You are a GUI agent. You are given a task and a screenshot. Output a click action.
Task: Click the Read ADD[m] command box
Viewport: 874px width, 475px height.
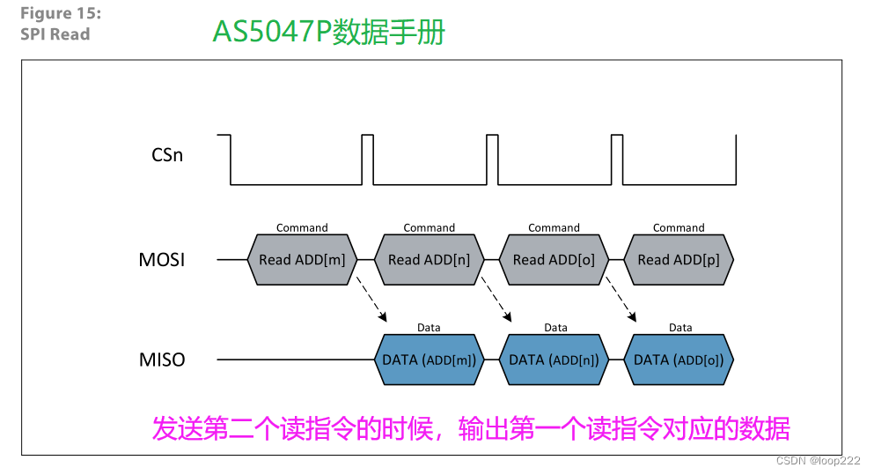click(x=302, y=260)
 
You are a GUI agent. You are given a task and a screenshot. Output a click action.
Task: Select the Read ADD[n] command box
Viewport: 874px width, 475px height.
click(x=429, y=260)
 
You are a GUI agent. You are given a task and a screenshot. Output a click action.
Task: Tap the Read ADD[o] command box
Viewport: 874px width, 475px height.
click(x=554, y=260)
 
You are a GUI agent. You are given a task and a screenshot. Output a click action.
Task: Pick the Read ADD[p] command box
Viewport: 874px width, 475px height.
click(x=679, y=260)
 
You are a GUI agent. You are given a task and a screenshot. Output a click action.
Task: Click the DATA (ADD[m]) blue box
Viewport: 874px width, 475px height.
click(x=429, y=360)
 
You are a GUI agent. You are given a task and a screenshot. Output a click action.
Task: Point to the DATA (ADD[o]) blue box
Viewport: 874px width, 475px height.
click(x=679, y=360)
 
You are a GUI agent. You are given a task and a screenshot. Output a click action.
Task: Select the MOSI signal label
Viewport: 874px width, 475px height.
click(x=162, y=260)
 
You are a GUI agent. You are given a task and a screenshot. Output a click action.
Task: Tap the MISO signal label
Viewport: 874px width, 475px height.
click(x=162, y=360)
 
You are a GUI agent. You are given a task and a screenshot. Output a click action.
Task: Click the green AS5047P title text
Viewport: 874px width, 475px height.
click(x=328, y=32)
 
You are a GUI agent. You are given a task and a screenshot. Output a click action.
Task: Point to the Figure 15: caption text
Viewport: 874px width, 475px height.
click(x=59, y=14)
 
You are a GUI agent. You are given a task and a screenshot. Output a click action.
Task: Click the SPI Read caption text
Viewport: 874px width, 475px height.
click(x=55, y=34)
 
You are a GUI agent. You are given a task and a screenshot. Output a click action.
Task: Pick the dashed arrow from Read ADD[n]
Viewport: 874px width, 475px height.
click(x=496, y=301)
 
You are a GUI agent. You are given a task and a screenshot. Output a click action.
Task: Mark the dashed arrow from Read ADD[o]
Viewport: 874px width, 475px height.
click(x=621, y=301)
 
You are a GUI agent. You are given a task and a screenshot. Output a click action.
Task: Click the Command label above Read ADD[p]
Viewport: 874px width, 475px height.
click(x=679, y=227)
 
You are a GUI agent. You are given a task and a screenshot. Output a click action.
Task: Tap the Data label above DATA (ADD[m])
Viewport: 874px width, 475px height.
click(x=429, y=328)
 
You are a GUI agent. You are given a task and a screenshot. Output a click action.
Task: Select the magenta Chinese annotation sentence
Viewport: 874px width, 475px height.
click(x=471, y=429)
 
